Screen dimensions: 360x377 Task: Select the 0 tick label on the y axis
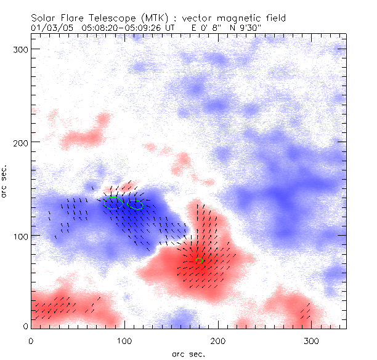point(25,326)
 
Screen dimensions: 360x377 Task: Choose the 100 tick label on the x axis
point(124,340)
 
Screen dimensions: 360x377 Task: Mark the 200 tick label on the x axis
point(217,340)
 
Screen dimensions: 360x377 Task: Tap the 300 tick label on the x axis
point(311,340)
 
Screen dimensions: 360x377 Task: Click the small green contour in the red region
point(199,261)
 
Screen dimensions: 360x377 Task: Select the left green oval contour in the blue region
point(111,202)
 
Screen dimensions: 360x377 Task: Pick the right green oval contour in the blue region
point(135,205)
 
